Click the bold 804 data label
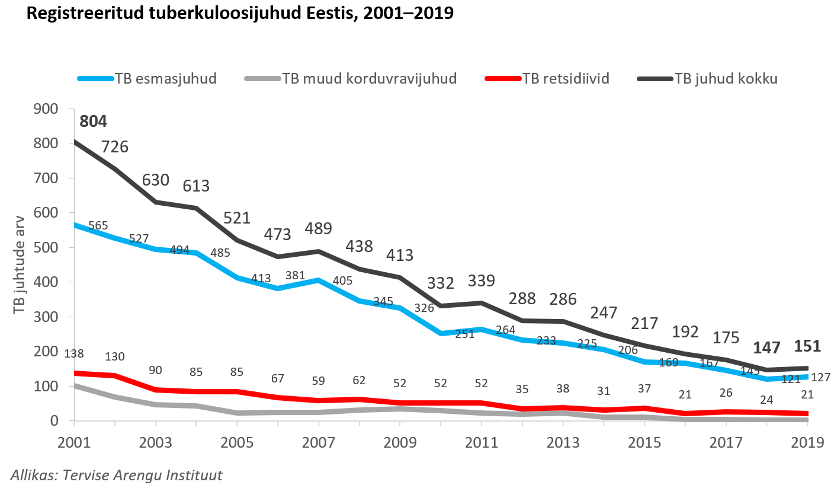(94, 122)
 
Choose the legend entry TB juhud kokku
(726, 78)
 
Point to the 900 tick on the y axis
(47, 109)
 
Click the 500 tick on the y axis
(47, 247)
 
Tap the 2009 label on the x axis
(400, 442)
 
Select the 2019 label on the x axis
(808, 442)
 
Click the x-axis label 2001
(74, 442)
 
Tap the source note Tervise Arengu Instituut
(117, 475)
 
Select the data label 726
(115, 146)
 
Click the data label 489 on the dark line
(318, 229)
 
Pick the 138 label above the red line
(73, 353)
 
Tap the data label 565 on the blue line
(98, 225)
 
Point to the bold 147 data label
(767, 347)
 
